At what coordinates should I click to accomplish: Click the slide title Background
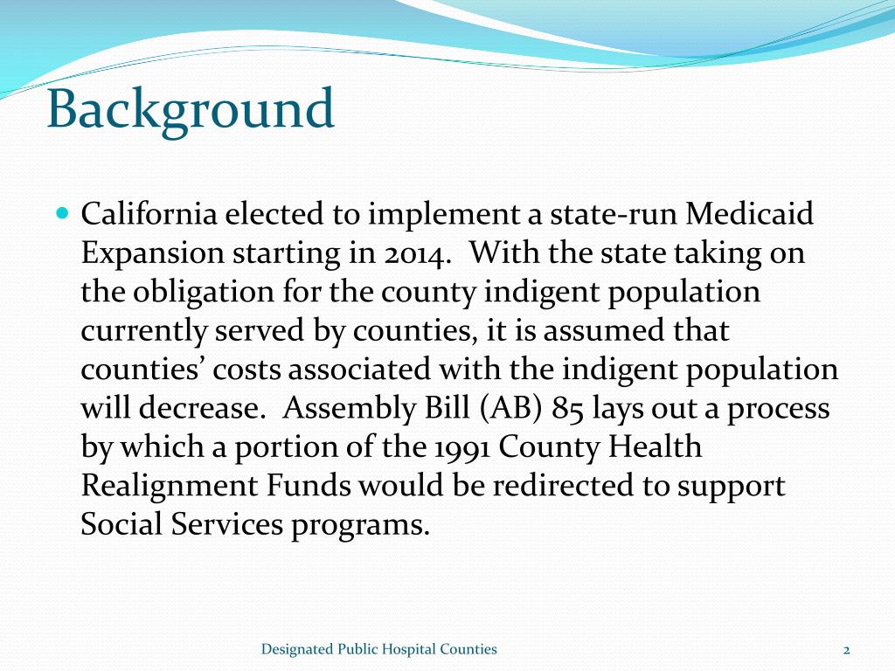coord(191,111)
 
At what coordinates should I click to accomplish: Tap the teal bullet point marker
coord(61,213)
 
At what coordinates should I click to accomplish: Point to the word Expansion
coord(152,253)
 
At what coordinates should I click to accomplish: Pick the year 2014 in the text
coord(418,253)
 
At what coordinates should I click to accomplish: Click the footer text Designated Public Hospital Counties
coord(379,649)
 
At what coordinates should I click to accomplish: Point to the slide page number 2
coord(846,650)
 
